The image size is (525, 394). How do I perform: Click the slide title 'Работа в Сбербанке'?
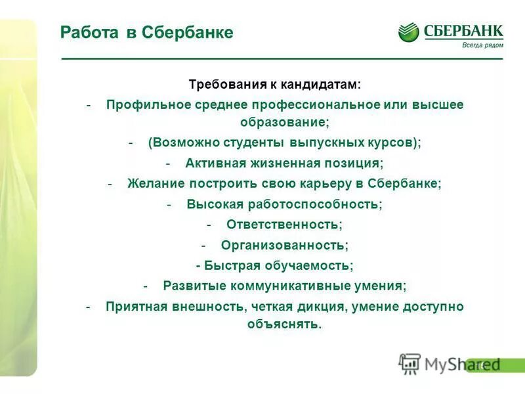(146, 33)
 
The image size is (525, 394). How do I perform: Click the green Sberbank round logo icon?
(408, 32)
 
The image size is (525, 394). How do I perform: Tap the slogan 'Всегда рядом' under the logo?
(482, 45)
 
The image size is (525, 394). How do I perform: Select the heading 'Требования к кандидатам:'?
(275, 85)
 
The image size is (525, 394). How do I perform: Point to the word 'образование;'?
(285, 122)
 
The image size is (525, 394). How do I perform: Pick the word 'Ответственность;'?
(284, 224)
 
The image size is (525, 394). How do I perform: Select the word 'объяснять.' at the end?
(285, 324)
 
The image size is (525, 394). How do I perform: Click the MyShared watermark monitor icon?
(409, 363)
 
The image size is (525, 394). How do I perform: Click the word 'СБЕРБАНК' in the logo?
(463, 30)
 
